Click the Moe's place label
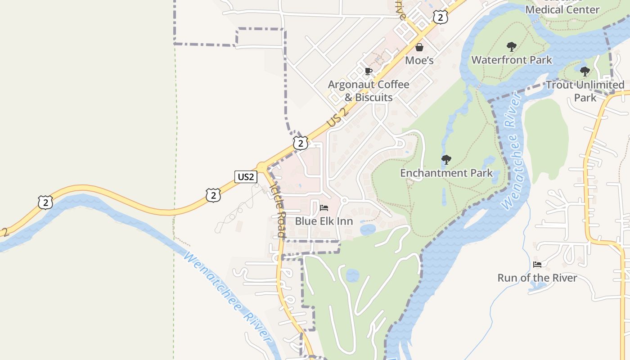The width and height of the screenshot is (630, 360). click(419, 60)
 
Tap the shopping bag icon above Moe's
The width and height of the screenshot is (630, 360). click(419, 47)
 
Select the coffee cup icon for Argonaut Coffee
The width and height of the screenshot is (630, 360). click(368, 71)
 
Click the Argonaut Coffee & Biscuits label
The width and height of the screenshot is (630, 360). click(369, 91)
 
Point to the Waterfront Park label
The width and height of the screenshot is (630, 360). click(511, 59)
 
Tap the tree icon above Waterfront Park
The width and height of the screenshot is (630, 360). click(511, 46)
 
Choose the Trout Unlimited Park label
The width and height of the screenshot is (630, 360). click(585, 91)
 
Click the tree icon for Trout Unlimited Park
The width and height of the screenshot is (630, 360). click(585, 72)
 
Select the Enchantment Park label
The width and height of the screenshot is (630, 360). click(446, 173)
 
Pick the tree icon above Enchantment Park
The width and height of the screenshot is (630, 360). click(446, 159)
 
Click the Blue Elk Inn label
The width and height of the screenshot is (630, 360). click(324, 221)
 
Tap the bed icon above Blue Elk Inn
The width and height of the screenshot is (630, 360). click(324, 208)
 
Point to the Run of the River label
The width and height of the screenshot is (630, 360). click(537, 278)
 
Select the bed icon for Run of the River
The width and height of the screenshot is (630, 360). click(537, 264)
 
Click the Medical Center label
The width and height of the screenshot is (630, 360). click(562, 9)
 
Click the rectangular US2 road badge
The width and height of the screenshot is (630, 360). click(246, 177)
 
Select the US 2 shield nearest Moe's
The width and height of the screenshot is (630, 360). click(441, 17)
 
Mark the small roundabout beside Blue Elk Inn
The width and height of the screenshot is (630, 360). click(344, 200)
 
